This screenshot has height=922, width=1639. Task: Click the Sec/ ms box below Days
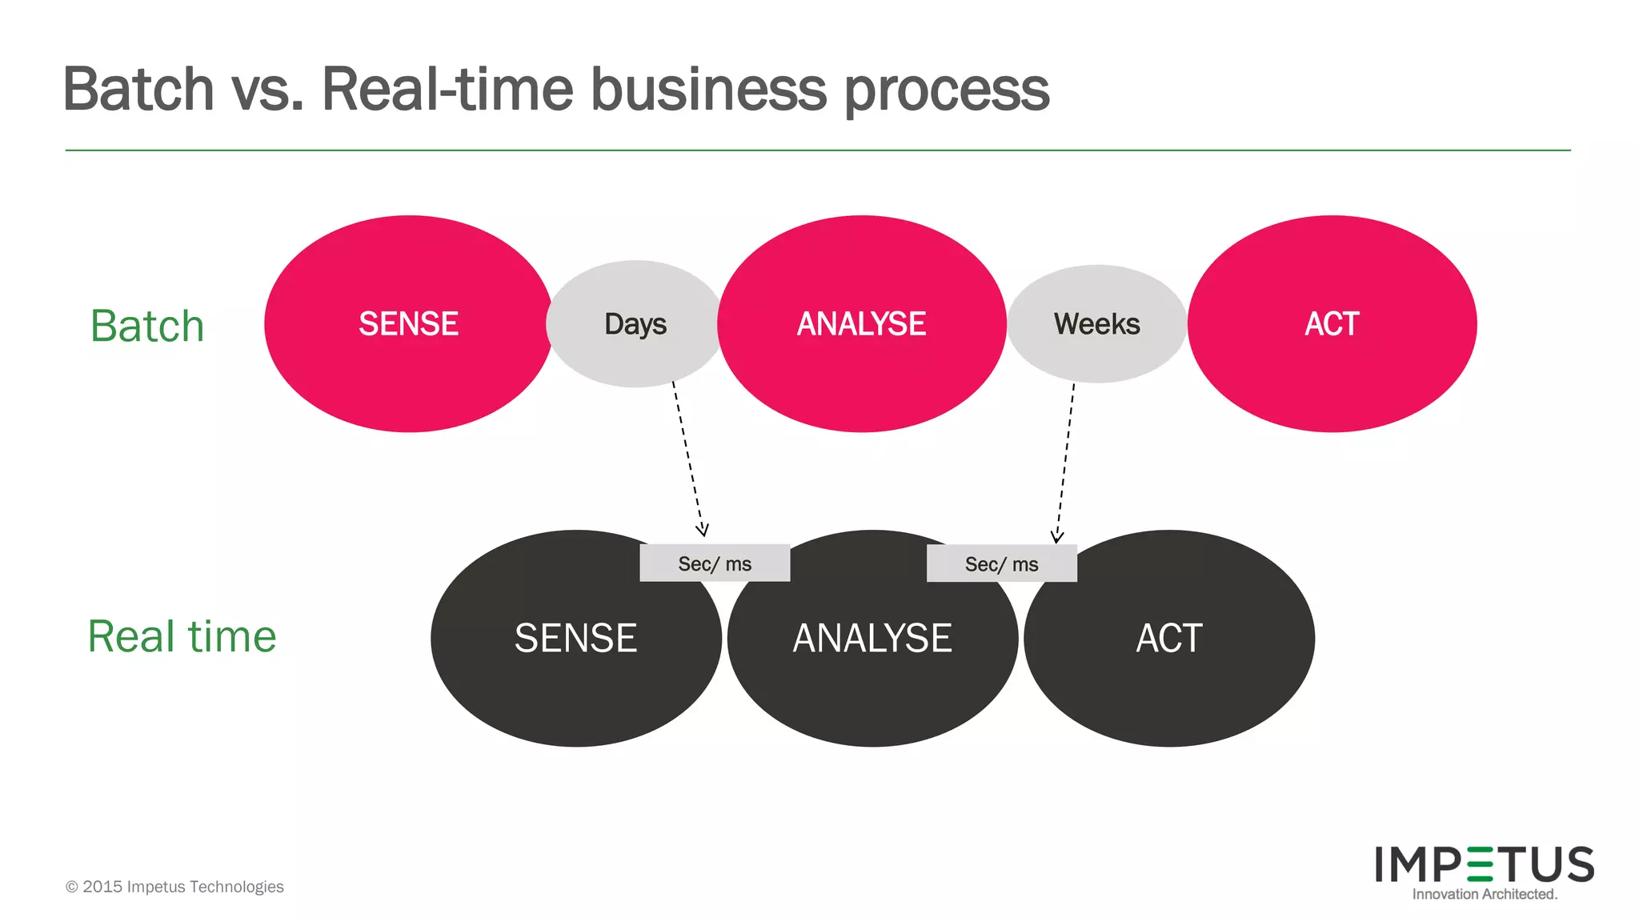pos(715,563)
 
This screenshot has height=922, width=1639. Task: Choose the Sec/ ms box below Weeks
pos(1001,564)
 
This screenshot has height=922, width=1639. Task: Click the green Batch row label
pos(147,327)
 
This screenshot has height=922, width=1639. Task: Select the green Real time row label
pos(182,637)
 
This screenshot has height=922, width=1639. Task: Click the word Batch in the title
pos(138,89)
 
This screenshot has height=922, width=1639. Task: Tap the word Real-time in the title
pos(447,89)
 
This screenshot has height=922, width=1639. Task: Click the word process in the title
pos(947,92)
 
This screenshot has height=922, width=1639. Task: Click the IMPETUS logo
pos(1485,864)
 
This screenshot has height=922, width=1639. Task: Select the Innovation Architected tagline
pos(1485,894)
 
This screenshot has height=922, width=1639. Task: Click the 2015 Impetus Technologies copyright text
pos(174,887)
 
